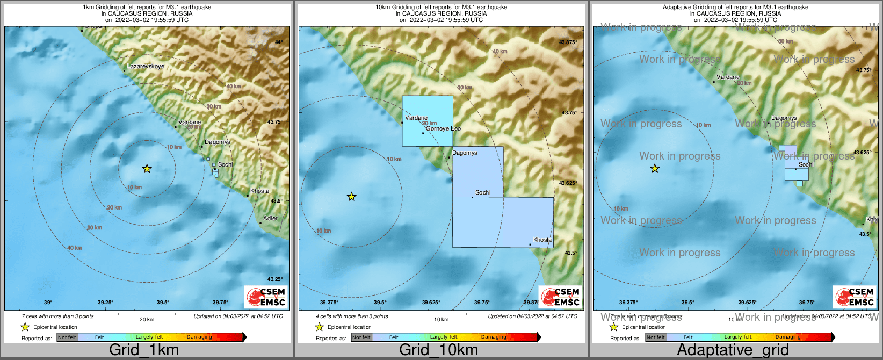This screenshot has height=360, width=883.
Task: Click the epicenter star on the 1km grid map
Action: point(147,169)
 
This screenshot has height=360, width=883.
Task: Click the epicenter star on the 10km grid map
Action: point(351,197)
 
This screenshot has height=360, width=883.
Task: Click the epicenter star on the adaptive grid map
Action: point(654,169)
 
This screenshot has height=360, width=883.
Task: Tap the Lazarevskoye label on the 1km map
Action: point(146,66)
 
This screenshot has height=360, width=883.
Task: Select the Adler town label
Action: point(270,218)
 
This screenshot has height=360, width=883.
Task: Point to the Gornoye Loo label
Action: point(443,129)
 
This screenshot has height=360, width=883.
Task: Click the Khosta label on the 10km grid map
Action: point(542,240)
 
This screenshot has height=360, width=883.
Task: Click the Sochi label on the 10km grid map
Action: point(483,192)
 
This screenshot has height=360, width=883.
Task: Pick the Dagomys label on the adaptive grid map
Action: point(784,118)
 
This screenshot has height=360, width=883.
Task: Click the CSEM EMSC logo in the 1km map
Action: point(265,297)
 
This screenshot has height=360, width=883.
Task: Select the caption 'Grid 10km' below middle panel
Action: point(438,350)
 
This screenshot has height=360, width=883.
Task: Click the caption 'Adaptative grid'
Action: point(733,350)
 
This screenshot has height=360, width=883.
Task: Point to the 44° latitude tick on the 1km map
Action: point(278,42)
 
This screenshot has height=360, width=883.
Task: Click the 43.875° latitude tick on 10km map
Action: point(568,42)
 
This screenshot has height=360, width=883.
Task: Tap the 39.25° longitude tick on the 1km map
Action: point(105,303)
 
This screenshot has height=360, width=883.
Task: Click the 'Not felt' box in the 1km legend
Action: point(67,337)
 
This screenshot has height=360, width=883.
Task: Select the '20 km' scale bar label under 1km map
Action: point(147,319)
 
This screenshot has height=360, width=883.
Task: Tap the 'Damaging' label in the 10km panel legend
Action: point(493,337)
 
